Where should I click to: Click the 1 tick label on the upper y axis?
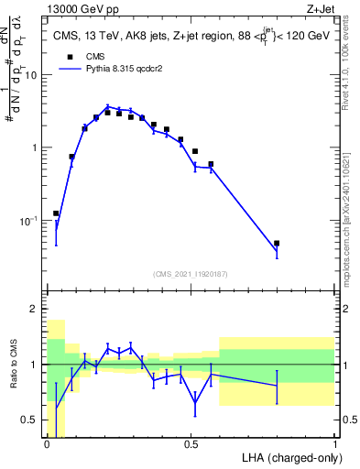point(36,147)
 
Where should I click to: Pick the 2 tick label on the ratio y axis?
point(36,309)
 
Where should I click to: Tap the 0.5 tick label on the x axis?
point(191,444)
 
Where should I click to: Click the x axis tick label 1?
point(334,444)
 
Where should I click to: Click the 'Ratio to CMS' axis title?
point(12,378)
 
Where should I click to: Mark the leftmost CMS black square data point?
point(56,213)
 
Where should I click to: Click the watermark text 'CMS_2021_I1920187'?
point(191,274)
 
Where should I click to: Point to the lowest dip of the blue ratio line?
point(195,403)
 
